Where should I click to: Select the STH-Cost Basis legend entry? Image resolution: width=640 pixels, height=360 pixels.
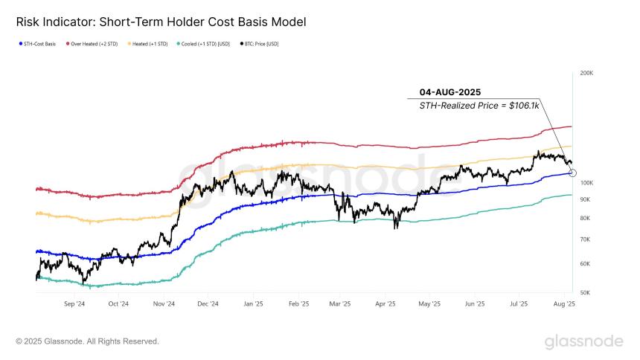coord(39,44)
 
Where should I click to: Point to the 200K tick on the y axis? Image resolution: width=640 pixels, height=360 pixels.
coord(586,74)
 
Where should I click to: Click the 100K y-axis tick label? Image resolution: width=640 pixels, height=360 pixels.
coord(586,183)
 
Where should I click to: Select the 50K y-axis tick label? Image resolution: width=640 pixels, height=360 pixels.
coord(586,292)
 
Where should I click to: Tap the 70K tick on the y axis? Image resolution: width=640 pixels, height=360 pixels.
coord(586,240)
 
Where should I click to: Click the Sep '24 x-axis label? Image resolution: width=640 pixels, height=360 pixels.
coord(74,304)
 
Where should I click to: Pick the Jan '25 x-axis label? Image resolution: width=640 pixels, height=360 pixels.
coord(254,304)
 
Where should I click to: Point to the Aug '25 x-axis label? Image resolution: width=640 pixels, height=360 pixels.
coord(565,304)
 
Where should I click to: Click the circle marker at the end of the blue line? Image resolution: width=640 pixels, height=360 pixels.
coord(572,173)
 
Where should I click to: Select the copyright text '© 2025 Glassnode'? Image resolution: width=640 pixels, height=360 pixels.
coord(87,341)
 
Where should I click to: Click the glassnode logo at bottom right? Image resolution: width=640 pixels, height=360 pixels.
coord(583,341)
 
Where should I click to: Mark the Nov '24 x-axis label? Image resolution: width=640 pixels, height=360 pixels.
coord(164,304)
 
